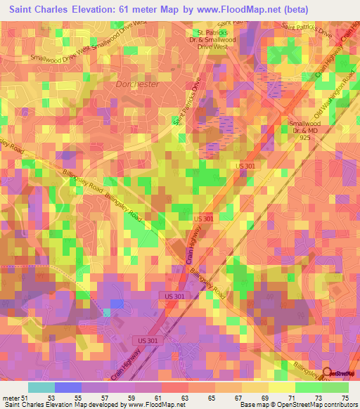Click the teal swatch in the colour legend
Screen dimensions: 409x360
(41, 387)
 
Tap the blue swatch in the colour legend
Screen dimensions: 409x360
(67, 387)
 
